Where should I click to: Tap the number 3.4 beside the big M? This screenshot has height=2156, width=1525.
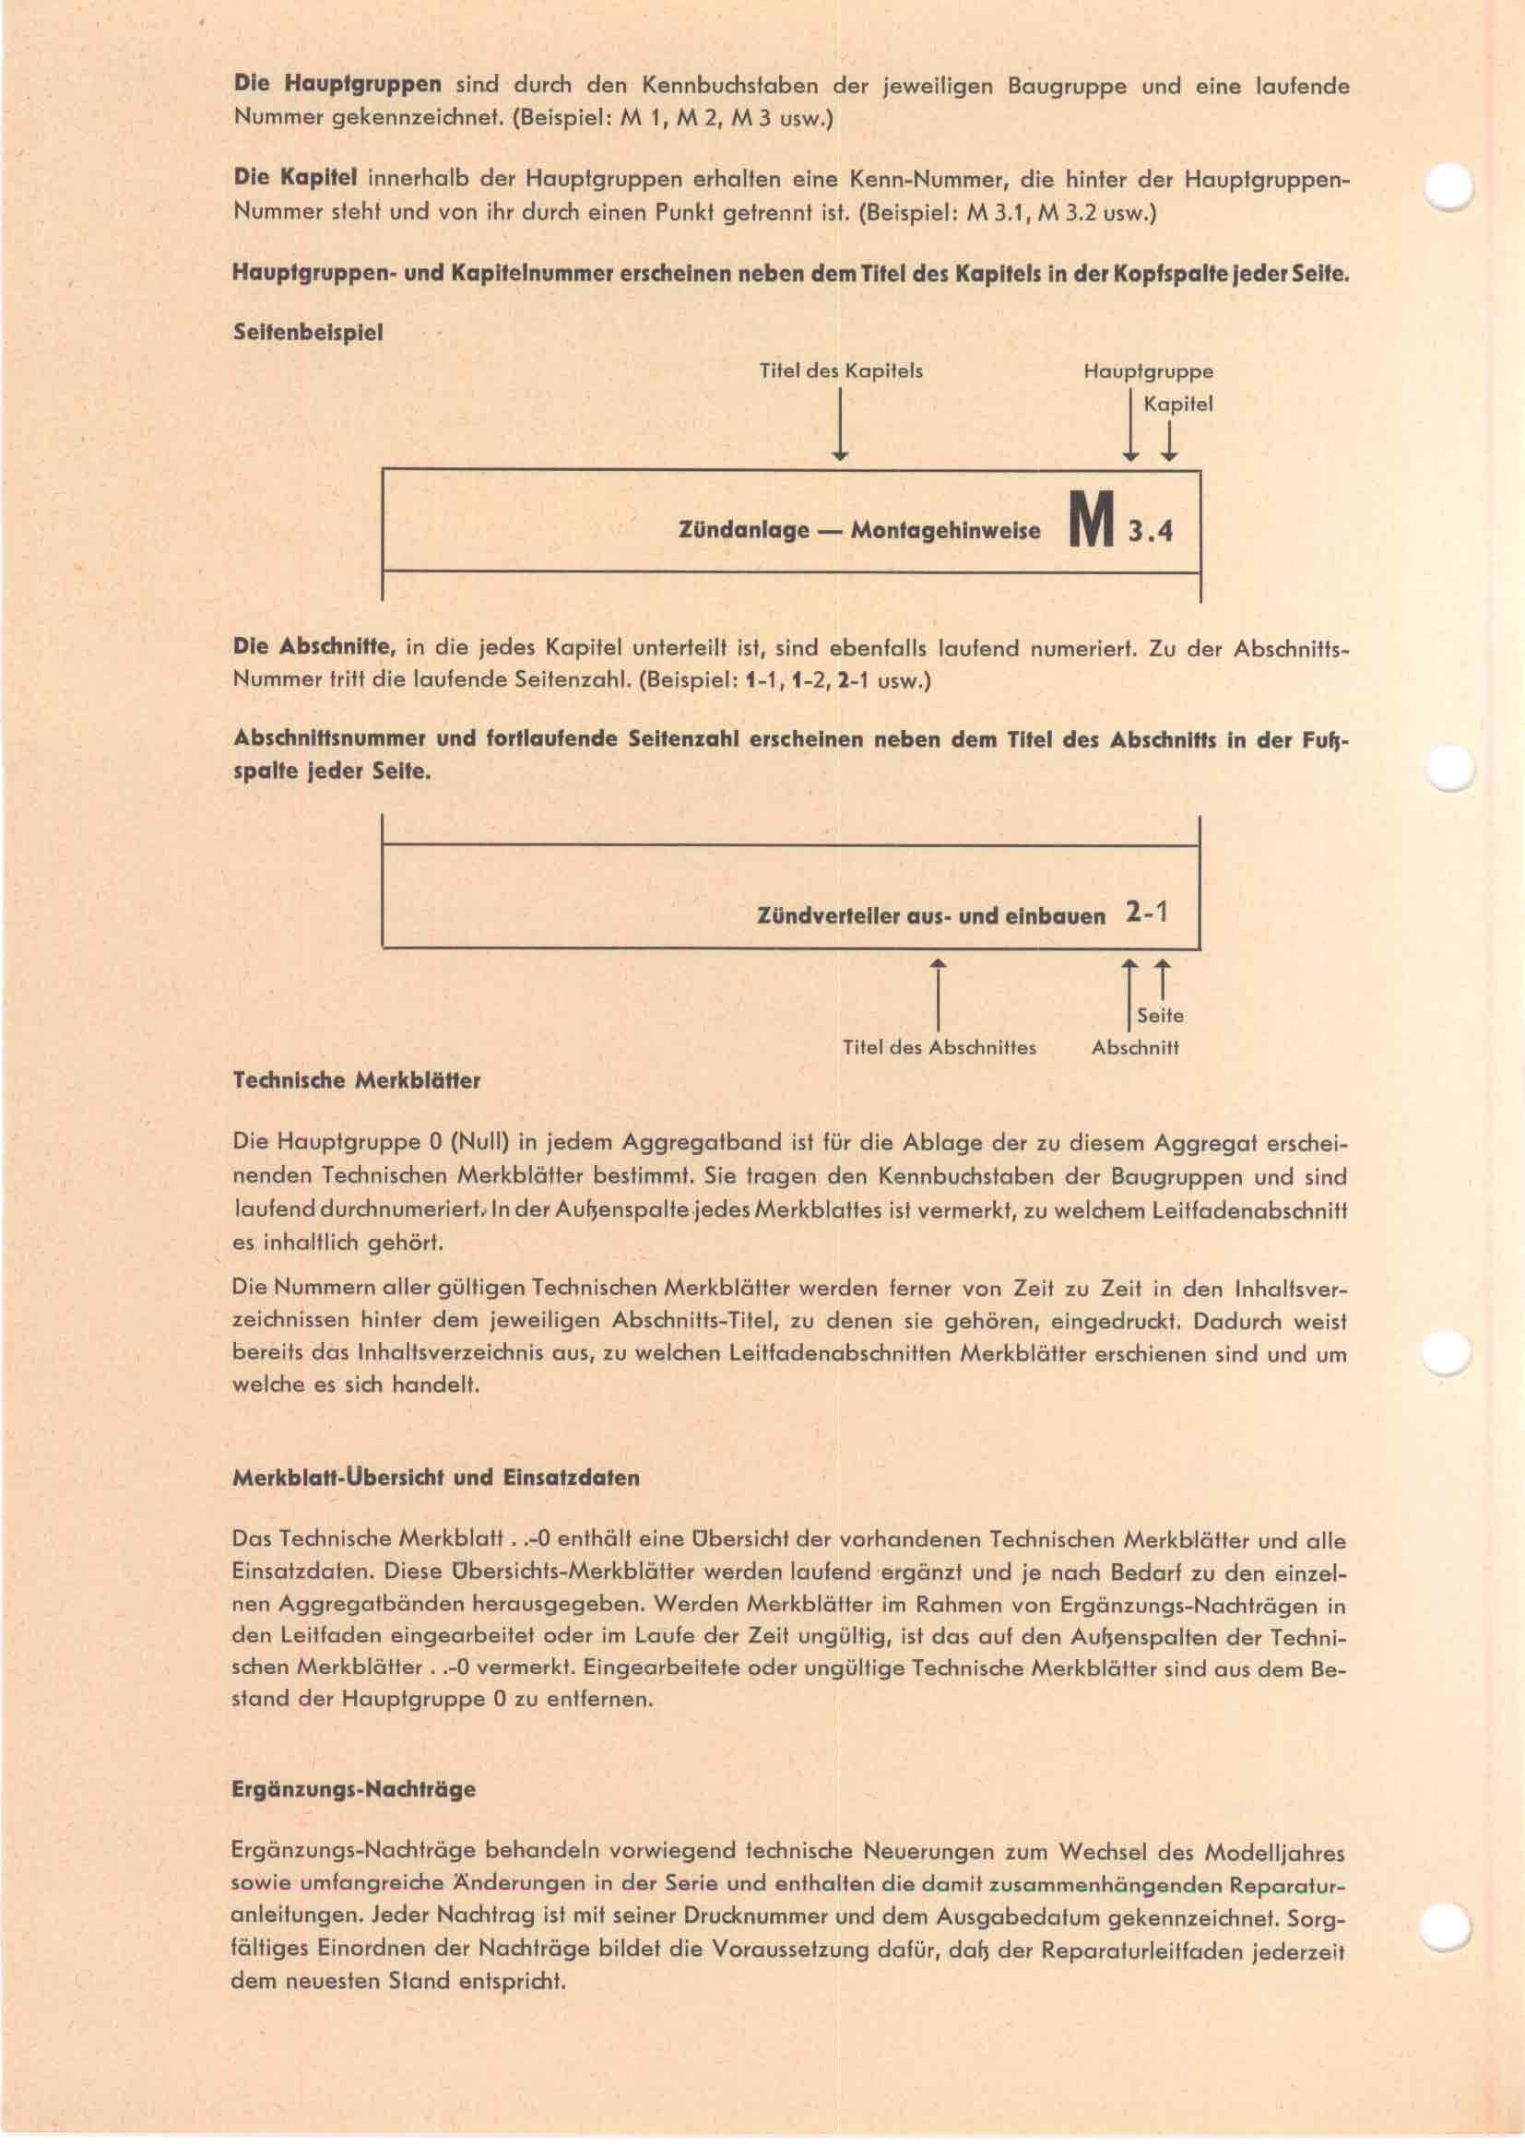point(1151,533)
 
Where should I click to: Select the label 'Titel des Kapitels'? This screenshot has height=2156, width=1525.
point(841,371)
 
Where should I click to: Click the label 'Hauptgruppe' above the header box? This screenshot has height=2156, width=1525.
point(1148,371)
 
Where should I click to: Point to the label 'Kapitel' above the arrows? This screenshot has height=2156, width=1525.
point(1177,405)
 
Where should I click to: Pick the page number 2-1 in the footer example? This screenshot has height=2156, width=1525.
point(1146,913)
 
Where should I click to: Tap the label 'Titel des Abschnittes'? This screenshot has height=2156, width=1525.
point(939,1047)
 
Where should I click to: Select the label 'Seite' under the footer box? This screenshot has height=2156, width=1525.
point(1160,1015)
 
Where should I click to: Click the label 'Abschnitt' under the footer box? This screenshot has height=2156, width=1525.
point(1134,1047)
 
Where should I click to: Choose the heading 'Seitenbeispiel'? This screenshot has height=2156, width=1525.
point(307,334)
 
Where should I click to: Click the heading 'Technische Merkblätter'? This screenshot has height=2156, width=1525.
point(356,1081)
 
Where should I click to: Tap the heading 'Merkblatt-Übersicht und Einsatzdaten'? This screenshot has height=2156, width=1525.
point(436,1477)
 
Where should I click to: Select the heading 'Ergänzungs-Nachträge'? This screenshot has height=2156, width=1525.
point(353,1790)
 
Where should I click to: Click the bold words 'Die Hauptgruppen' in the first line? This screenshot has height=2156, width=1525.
point(337,86)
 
